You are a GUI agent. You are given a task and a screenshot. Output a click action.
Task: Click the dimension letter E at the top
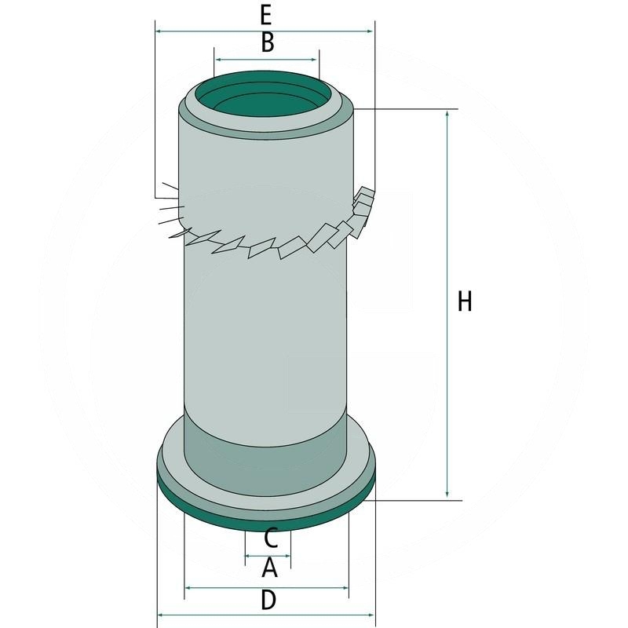[266, 14]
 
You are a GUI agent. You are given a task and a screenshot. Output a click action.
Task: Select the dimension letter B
[267, 43]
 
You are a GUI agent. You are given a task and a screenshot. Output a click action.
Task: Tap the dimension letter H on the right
[465, 301]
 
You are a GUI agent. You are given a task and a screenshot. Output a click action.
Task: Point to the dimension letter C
[269, 539]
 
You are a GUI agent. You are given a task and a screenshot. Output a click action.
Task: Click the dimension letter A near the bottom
[268, 567]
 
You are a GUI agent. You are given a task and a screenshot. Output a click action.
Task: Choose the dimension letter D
[268, 601]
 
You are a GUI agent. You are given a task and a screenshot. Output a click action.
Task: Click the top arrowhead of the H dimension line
[447, 113]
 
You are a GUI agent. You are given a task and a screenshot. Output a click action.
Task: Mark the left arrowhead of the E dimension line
[159, 31]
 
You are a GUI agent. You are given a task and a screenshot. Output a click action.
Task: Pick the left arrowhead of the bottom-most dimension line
[162, 615]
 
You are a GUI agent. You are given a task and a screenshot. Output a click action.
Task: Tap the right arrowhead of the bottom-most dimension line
[372, 615]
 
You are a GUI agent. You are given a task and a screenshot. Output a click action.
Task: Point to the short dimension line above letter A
[268, 555]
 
